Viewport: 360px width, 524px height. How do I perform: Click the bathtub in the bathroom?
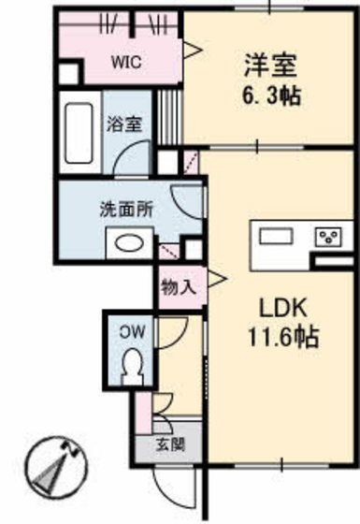pos(79,134)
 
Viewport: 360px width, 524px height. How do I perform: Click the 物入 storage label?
pos(178,287)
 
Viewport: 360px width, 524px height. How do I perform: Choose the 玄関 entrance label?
pos(169,444)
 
